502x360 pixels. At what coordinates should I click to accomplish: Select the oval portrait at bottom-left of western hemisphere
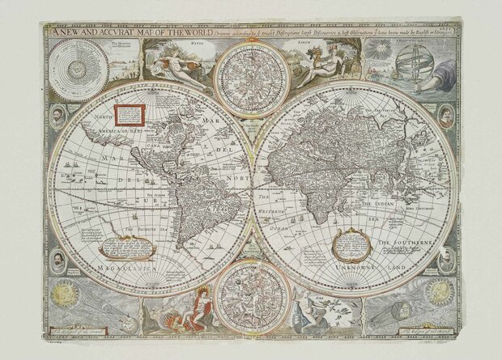tap(60, 260)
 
